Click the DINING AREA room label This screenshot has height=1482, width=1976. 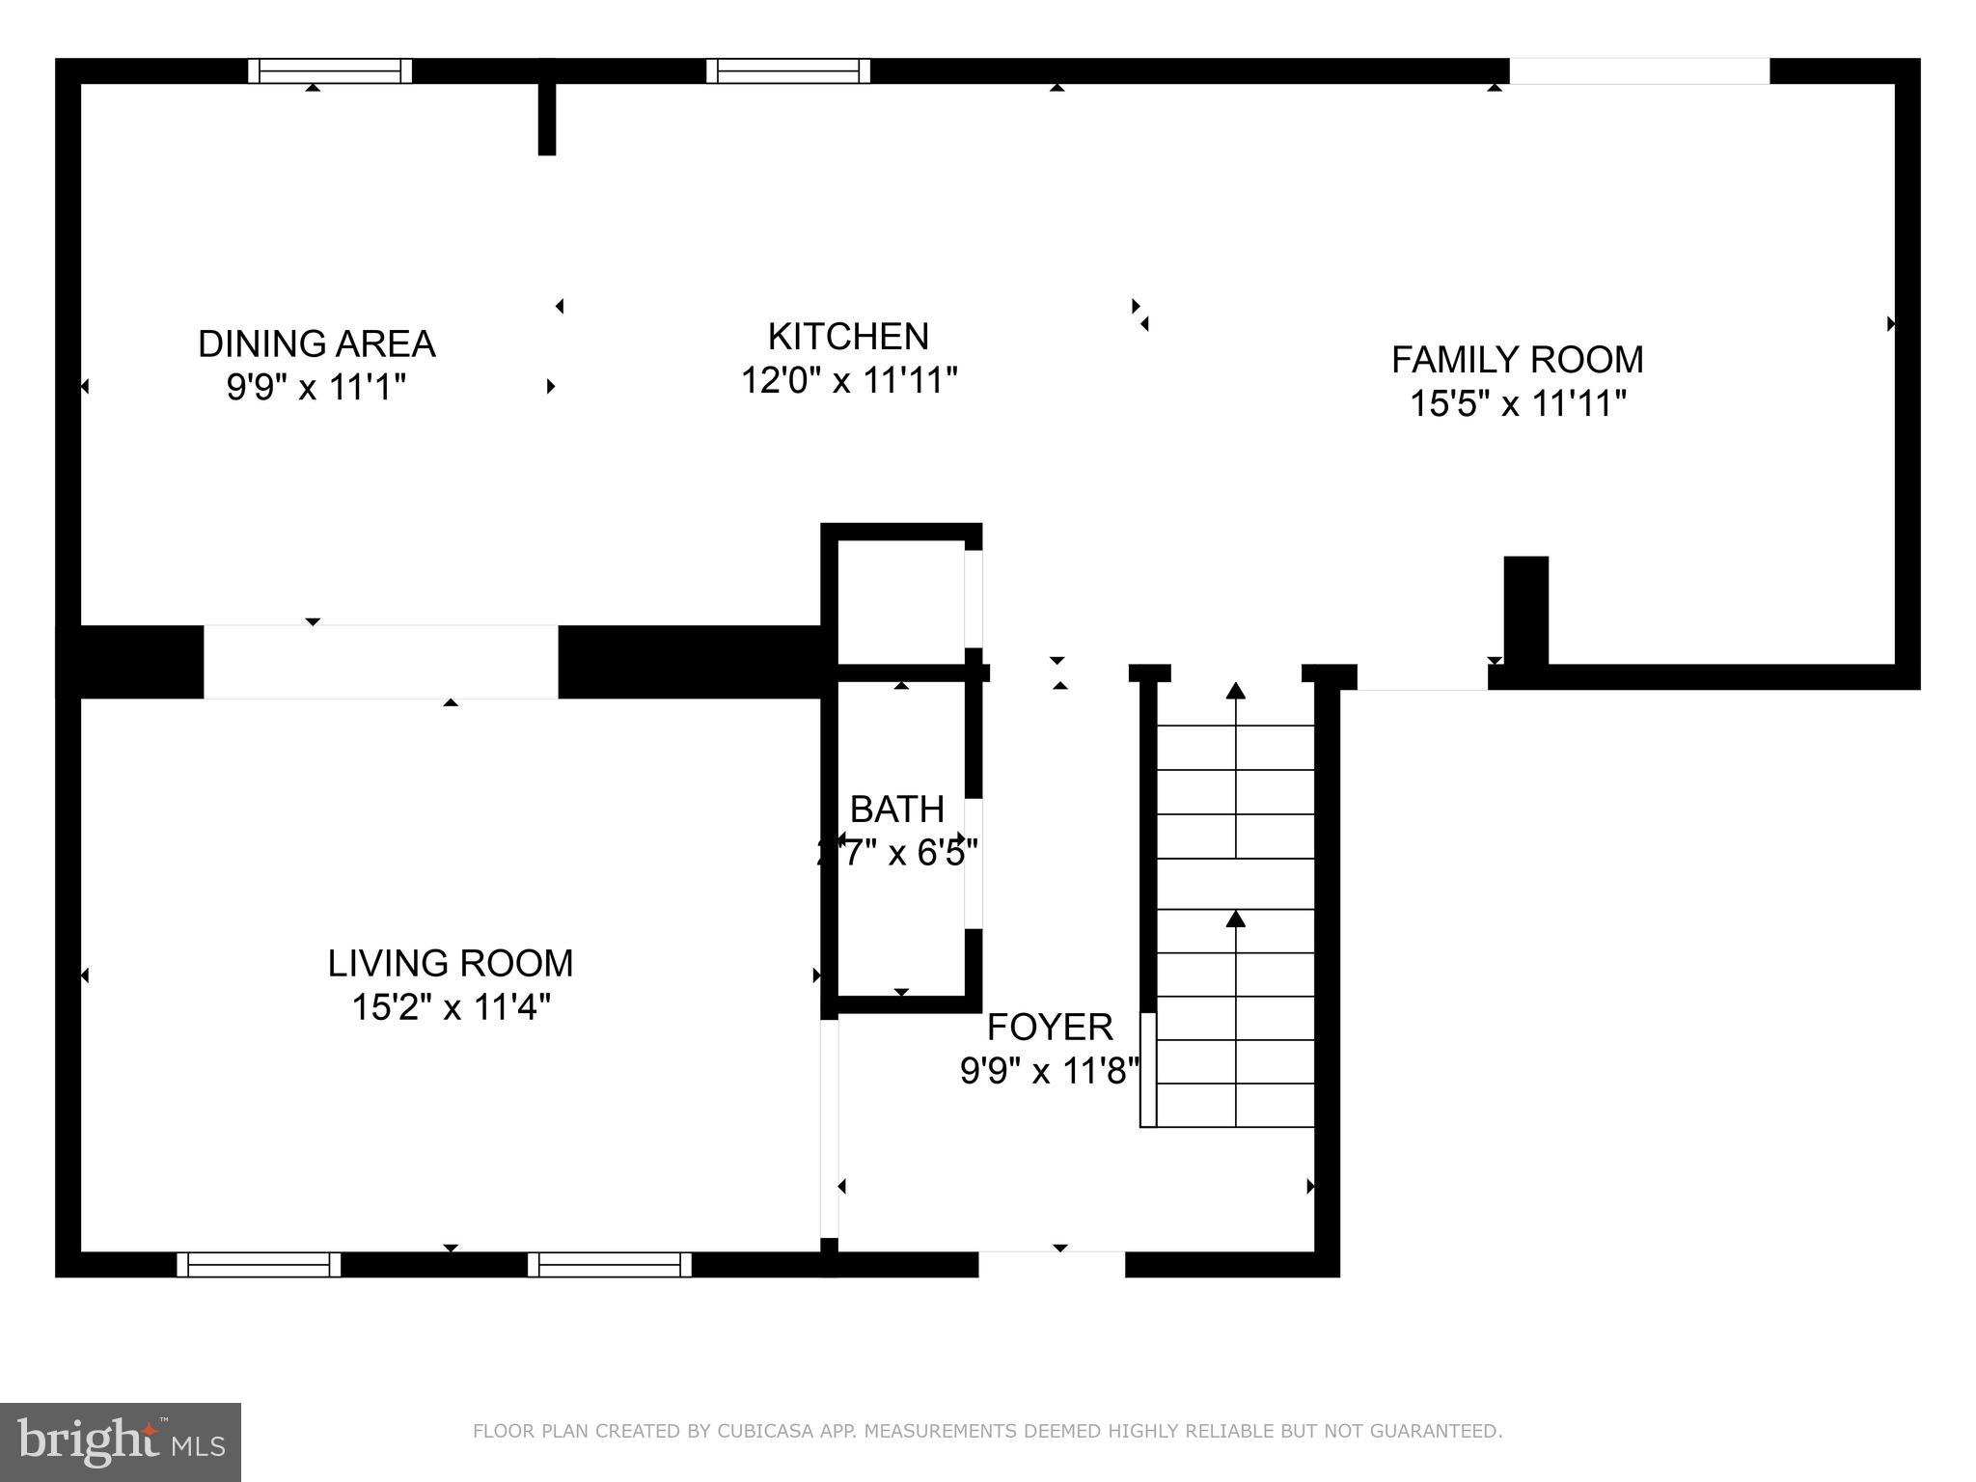click(316, 344)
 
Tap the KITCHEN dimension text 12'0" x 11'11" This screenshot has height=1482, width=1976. click(848, 380)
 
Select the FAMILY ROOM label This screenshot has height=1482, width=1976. click(1517, 360)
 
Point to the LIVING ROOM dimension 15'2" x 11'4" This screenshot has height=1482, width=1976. click(451, 1007)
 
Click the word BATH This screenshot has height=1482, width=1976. click(896, 809)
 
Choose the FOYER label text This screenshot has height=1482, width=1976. click(1050, 1027)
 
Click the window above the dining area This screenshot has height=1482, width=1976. click(330, 70)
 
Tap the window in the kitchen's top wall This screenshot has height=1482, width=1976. click(788, 70)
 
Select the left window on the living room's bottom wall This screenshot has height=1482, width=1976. click(259, 1264)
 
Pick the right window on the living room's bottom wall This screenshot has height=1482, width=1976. click(610, 1264)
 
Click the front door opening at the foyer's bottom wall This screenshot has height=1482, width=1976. click(1052, 1264)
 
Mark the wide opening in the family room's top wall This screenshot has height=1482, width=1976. click(1639, 70)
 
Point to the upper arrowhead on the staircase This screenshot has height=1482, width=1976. click(1236, 690)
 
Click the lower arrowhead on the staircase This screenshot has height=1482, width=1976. click(1236, 919)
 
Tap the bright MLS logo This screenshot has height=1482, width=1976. click(121, 1441)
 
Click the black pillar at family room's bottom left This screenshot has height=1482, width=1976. click(1526, 610)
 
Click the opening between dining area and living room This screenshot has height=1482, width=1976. click(380, 662)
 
